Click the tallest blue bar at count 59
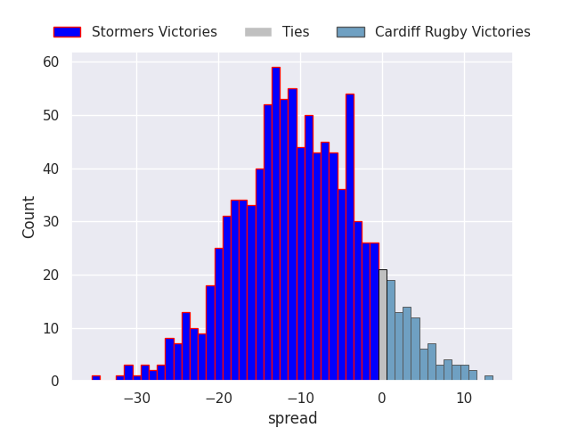[x=276, y=224]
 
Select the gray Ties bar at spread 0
[x=383, y=325]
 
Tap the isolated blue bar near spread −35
[x=96, y=378]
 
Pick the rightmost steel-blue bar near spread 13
[x=489, y=378]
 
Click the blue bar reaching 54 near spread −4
[x=350, y=237]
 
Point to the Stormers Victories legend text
[x=154, y=32]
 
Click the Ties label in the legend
[x=296, y=32]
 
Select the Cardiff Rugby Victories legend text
[x=452, y=32]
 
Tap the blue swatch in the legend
[x=68, y=32]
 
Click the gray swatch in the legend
[x=258, y=32]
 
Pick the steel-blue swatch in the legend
[x=351, y=32]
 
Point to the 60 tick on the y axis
[x=51, y=62]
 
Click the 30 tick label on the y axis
[x=51, y=222]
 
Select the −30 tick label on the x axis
[x=136, y=399]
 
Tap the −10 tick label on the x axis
[x=301, y=399]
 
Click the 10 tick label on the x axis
[x=464, y=399]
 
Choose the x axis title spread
[x=292, y=418]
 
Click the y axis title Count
[x=28, y=218]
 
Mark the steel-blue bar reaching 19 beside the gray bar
[x=391, y=330]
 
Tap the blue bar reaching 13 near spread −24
[x=186, y=346]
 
